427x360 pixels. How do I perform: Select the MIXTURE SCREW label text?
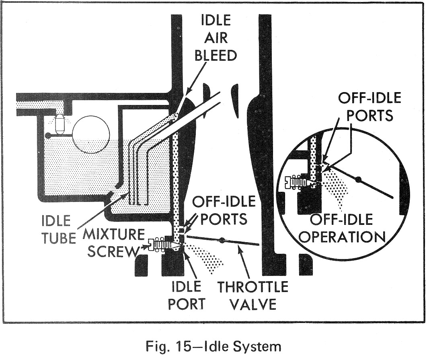113,243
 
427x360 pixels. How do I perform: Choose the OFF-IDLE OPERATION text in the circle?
342,228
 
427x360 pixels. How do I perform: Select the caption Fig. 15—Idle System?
213,346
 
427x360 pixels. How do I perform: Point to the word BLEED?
216,55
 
